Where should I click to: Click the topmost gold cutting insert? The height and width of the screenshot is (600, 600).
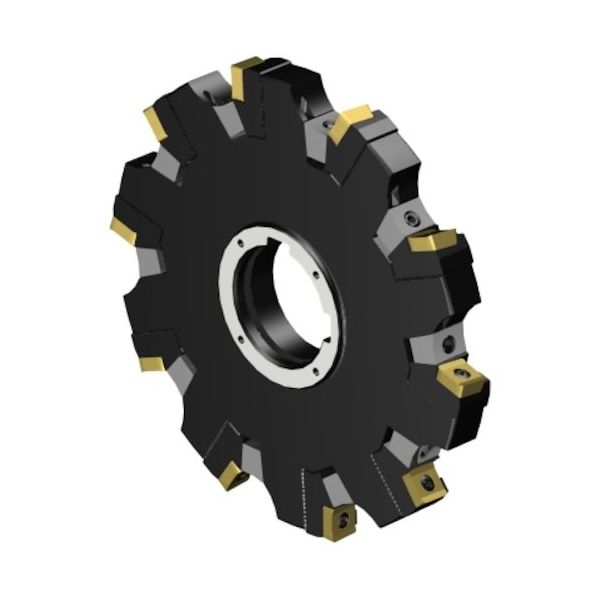tap(245, 78)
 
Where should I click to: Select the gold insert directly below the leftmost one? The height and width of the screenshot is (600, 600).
tap(150, 362)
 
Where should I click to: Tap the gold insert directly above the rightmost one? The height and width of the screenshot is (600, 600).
tap(433, 243)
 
